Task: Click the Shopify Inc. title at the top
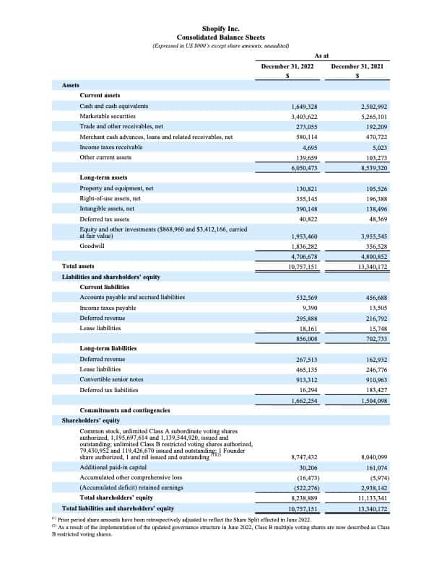[220, 28]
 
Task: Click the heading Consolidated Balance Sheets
[220, 37]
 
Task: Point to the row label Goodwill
[92, 246]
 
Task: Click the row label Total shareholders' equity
[116, 498]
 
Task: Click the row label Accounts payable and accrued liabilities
[132, 297]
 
